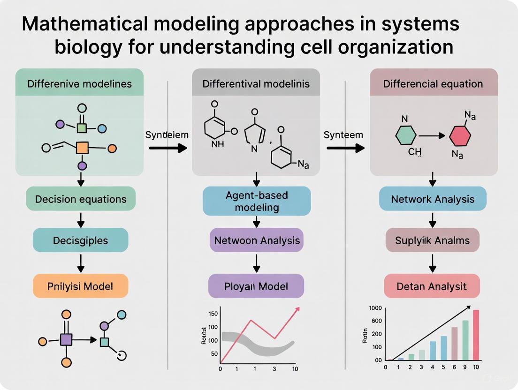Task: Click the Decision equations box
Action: pyautogui.click(x=81, y=199)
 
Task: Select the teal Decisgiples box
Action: pyautogui.click(x=80, y=240)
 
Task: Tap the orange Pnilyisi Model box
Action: pyautogui.click(x=80, y=285)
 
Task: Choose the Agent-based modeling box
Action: pyautogui.click(x=256, y=201)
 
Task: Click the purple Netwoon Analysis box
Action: pyautogui.click(x=256, y=240)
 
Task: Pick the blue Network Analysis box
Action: pyautogui.click(x=432, y=199)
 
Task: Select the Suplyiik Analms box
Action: pyautogui.click(x=432, y=240)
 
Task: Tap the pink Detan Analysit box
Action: pyautogui.click(x=432, y=286)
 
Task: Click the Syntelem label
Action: pyautogui.click(x=167, y=135)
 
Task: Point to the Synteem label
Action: pyautogui.click(x=343, y=135)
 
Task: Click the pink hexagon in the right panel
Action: pyautogui.click(x=460, y=136)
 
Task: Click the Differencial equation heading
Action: pyautogui.click(x=433, y=84)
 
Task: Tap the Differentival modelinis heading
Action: pyautogui.click(x=256, y=84)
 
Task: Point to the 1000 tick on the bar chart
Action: pyautogui.click(x=376, y=308)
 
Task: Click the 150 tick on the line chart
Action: pyautogui.click(x=213, y=314)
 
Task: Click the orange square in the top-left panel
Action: pyautogui.click(x=82, y=148)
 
